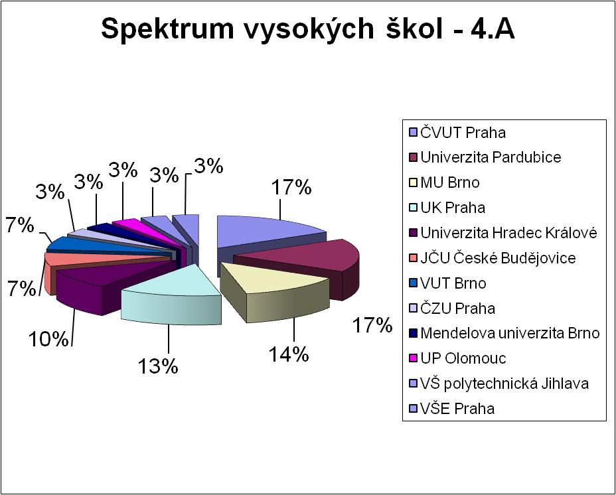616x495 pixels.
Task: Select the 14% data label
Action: click(288, 354)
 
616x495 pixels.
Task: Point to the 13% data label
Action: click(158, 366)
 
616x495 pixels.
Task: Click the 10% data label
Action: click(48, 338)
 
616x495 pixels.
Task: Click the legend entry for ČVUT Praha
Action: click(457, 133)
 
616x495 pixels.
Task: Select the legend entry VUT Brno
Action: click(447, 283)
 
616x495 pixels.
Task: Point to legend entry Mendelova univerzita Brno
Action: click(504, 333)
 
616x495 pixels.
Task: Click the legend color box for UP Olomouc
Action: click(413, 359)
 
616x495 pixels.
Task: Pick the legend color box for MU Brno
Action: click(413, 183)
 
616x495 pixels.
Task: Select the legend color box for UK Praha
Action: click(413, 208)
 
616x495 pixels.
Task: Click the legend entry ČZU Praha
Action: click(452, 309)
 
